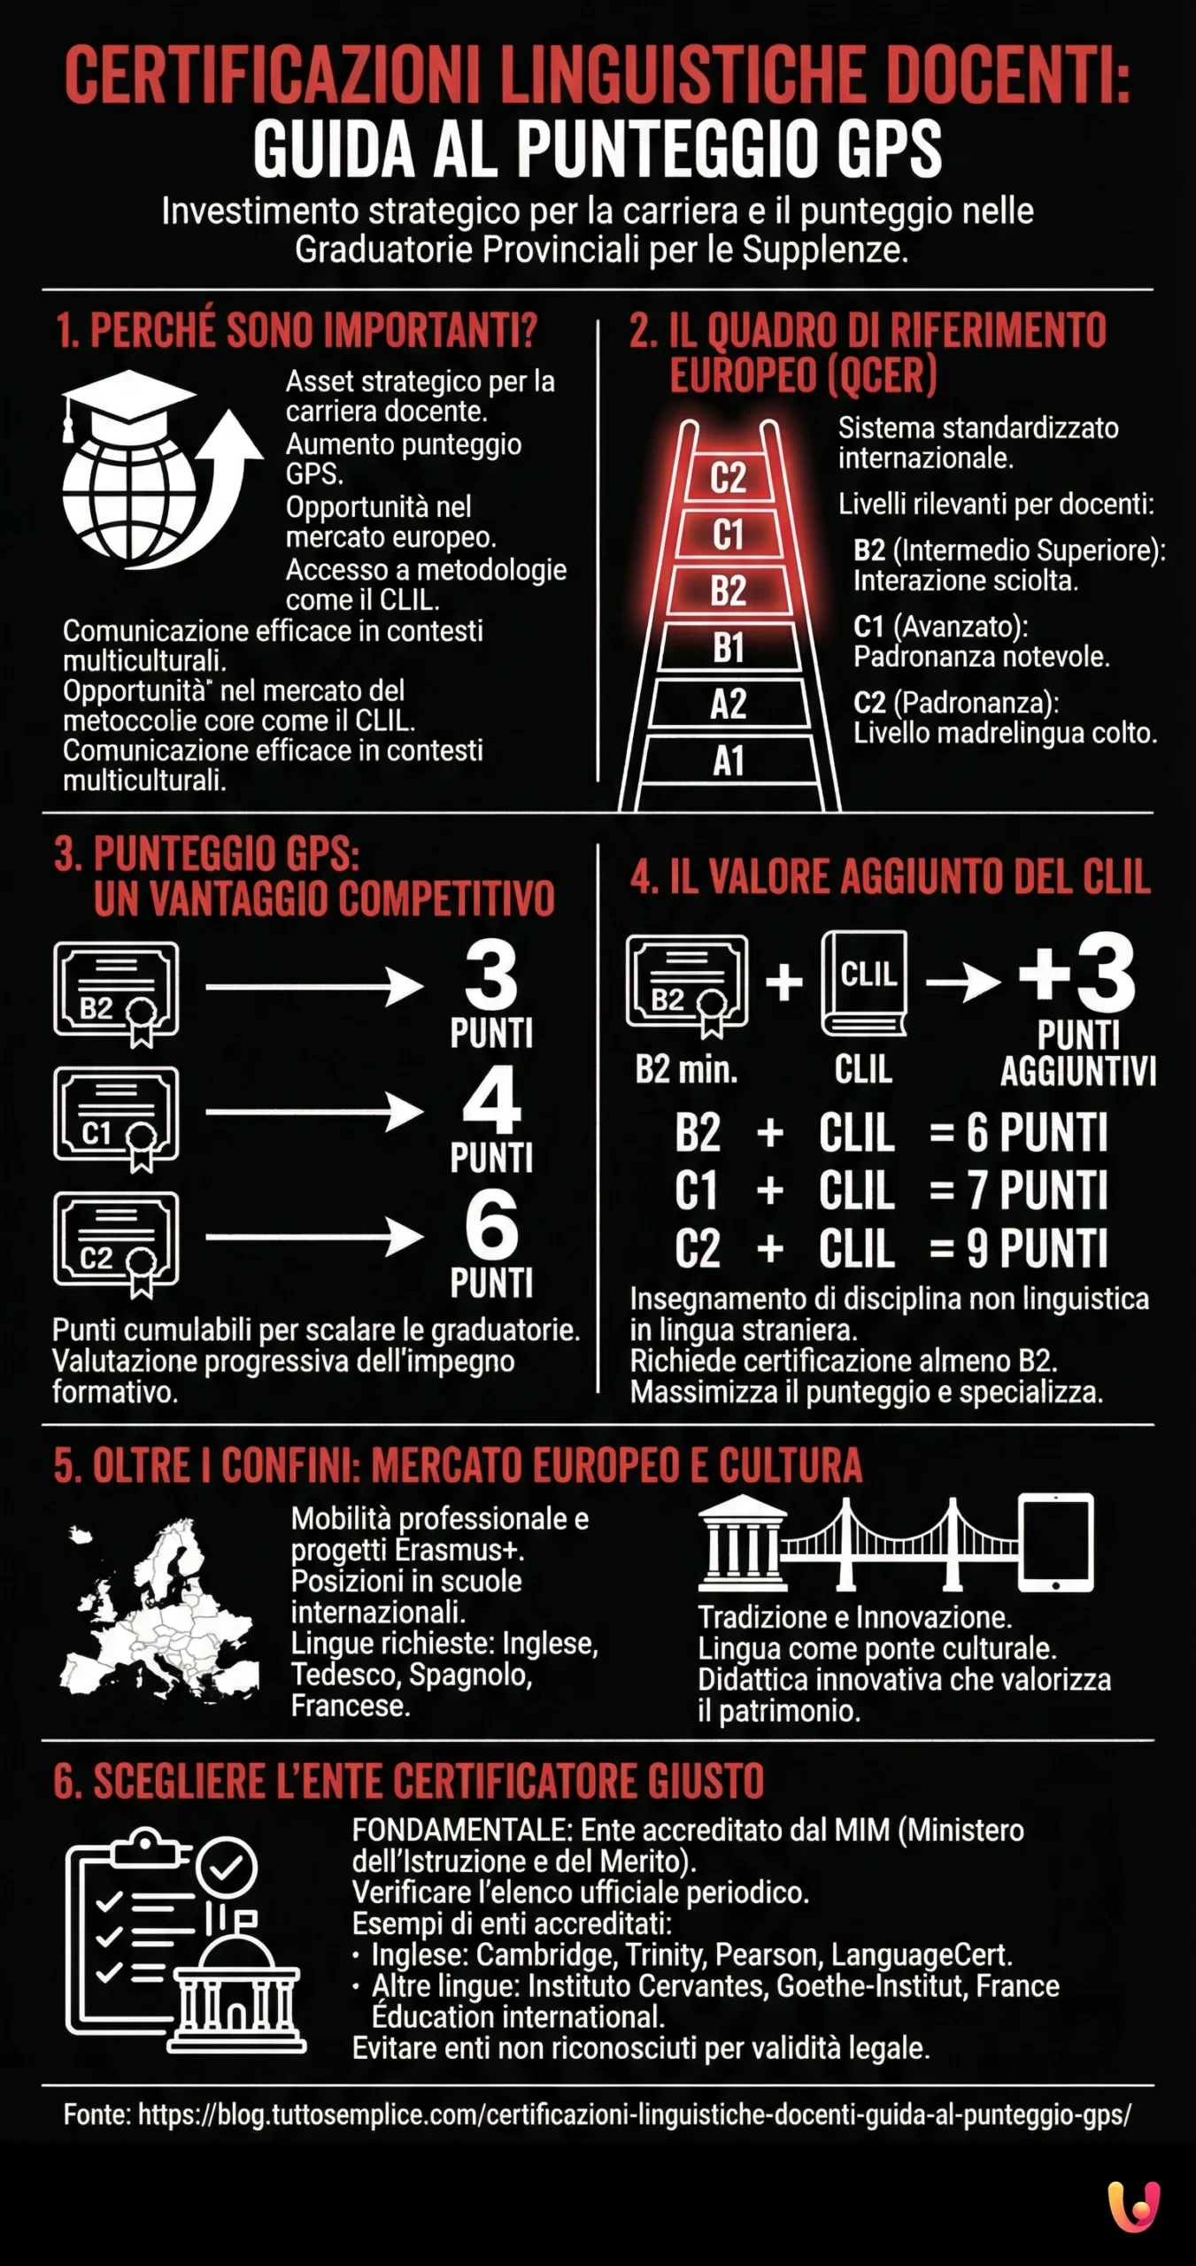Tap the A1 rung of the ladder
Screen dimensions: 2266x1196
coord(729,761)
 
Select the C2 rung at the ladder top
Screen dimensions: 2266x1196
coord(728,478)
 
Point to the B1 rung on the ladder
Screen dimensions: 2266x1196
coord(729,648)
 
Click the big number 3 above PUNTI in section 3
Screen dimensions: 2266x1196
coord(491,975)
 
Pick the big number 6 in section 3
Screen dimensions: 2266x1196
coord(491,1225)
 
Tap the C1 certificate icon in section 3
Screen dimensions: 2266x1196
coord(116,1117)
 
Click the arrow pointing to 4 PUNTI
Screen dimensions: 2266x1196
coord(313,1112)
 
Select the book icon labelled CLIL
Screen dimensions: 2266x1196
coord(864,983)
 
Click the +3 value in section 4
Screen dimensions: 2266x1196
coord(1077,974)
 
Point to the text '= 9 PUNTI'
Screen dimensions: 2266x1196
coord(1018,1248)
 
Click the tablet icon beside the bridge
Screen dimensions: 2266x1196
coord(1055,1542)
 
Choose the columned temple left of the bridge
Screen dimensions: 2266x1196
coord(742,1544)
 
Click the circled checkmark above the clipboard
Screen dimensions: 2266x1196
coord(227,1867)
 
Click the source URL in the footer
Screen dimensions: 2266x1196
coord(634,2116)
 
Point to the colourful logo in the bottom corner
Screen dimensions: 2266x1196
coord(1134,2207)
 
